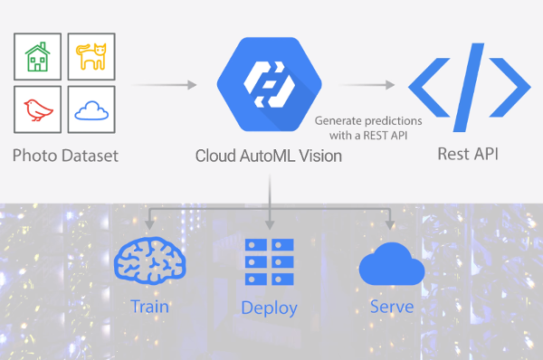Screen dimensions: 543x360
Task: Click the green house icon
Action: coord(37,57)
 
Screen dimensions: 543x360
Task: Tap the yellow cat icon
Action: coord(91,56)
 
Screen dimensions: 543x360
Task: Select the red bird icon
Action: coord(38,110)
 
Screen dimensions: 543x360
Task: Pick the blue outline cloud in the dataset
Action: coord(91,110)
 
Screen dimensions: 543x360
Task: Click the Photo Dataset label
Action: coord(65,156)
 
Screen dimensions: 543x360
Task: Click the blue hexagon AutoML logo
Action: coord(270,84)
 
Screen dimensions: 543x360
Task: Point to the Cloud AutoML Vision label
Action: coord(269,156)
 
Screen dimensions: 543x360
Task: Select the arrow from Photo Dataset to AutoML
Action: coord(164,84)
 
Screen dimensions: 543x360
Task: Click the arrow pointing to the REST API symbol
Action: coord(367,84)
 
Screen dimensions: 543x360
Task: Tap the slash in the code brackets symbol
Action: coord(469,87)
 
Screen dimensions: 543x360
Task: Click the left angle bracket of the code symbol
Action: coord(429,87)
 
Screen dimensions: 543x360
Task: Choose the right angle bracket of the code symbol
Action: coord(510,87)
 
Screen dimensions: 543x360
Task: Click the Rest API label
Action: coord(468,154)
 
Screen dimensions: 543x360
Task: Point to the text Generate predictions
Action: coord(368,121)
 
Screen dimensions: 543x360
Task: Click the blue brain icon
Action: coord(150,261)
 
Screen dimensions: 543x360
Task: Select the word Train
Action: coord(150,307)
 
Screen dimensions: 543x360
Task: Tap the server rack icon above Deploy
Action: coord(270,262)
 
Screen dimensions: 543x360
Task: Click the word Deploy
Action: coord(269,308)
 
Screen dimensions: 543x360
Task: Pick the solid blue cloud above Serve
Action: coord(392,264)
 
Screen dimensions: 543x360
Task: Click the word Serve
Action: coord(392,307)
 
